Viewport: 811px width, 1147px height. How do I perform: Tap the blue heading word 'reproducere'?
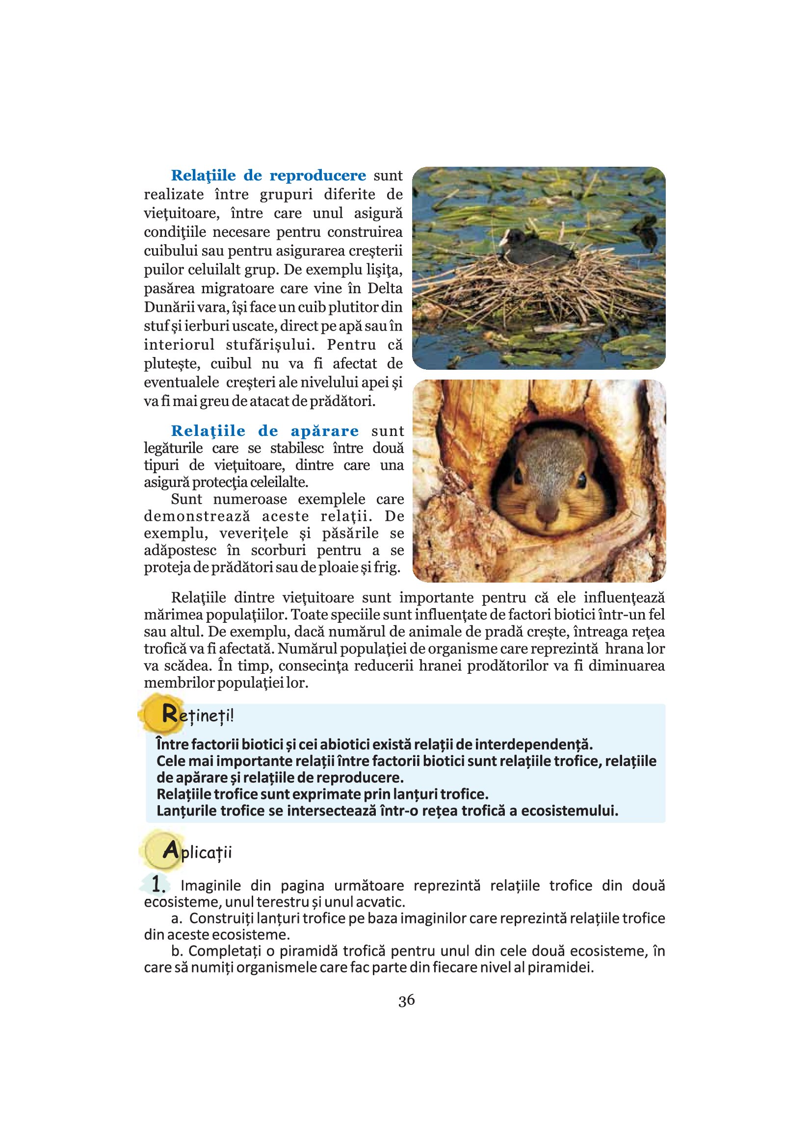[317, 176]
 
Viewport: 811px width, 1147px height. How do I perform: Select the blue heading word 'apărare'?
[325, 431]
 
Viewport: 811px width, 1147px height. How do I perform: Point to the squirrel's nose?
[546, 512]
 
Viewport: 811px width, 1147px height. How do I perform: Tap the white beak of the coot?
[503, 241]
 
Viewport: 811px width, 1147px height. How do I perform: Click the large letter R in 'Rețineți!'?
[170, 714]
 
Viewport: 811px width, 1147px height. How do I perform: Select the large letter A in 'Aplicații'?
[170, 850]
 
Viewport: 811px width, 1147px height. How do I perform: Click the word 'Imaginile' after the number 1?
[210, 886]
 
